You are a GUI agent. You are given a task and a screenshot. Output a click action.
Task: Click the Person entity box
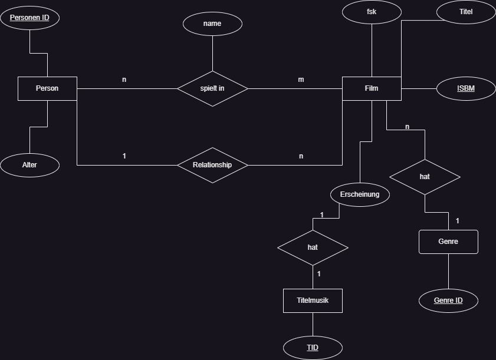47,88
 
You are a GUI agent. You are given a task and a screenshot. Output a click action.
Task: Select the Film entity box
372,88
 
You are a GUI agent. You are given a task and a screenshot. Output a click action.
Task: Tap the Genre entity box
448,242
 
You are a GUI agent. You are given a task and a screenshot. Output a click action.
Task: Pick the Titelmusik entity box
313,300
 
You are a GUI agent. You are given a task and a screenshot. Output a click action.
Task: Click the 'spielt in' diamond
212,88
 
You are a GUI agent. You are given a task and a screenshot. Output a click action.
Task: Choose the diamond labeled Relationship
212,165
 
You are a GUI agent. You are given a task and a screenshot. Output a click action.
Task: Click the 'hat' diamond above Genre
425,177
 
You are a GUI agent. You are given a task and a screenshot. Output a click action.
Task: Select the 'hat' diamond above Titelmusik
313,247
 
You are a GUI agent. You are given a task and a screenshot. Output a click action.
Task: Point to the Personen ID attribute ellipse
29,18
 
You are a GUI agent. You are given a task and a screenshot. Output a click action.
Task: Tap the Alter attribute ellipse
29,165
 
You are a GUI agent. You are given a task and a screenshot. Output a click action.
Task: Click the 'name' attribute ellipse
212,24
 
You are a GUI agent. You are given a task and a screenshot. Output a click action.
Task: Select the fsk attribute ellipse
372,12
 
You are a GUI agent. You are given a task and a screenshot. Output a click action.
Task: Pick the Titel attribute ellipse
466,12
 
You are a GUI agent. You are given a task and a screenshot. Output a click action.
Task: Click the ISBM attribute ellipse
466,89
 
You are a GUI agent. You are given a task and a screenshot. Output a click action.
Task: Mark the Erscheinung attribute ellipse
360,194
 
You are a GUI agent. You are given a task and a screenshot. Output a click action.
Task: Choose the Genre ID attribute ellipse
448,300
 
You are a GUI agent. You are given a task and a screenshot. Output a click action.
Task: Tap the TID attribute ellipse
313,348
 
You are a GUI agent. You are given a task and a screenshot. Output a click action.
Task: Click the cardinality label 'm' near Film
301,80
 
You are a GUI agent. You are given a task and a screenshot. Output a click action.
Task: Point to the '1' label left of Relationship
124,156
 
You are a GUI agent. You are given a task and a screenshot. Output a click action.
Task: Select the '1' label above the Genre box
458,221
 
